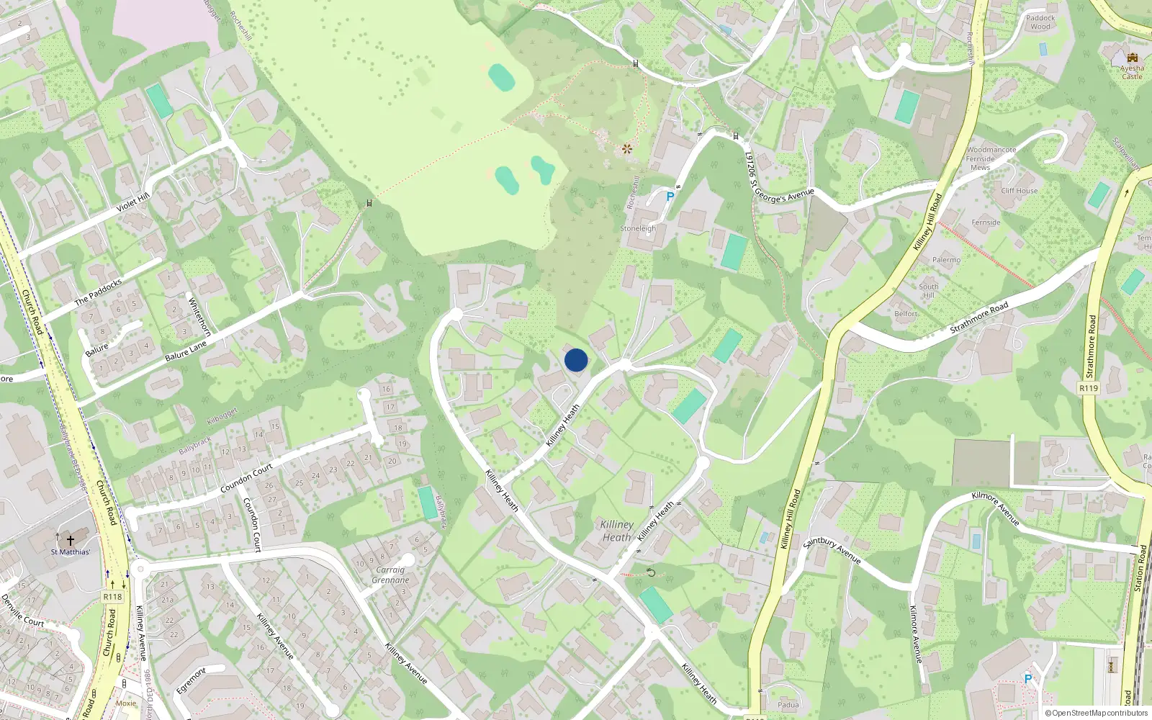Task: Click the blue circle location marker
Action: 576,360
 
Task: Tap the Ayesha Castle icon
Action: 1132,58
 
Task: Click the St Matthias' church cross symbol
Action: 71,540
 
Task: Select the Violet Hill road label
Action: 133,202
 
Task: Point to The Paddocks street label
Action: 98,291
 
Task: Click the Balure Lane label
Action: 186,351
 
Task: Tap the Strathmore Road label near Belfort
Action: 979,318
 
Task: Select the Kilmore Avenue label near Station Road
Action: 996,508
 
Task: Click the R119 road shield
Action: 1089,388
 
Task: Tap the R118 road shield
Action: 112,596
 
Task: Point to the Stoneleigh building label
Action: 638,228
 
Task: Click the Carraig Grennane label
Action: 391,575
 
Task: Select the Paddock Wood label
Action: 1040,22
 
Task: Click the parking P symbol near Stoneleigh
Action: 670,197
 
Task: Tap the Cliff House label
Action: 1020,191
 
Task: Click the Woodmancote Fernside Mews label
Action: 991,158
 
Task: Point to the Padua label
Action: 788,705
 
